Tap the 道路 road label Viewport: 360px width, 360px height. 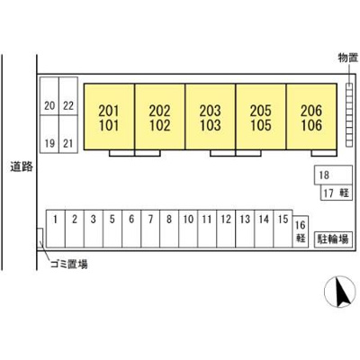[22, 166]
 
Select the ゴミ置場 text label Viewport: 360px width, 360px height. [69, 265]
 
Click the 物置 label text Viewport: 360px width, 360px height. [348, 58]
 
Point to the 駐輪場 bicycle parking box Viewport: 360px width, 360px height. [333, 239]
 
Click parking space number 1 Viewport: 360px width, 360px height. [56, 229]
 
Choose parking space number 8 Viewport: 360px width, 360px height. [169, 229]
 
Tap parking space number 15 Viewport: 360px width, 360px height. [283, 229]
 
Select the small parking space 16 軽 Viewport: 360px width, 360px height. [301, 231]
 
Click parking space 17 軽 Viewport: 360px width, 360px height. [337, 193]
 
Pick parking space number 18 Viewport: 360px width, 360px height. [333, 175]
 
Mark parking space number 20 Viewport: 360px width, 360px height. [49, 96]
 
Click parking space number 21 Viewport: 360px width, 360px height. [68, 135]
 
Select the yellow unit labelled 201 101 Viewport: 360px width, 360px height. [109, 117]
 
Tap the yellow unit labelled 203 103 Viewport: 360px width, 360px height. [211, 117]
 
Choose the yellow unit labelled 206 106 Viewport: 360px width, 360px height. [311, 117]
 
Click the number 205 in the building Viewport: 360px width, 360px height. [261, 111]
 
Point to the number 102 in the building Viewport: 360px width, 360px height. [160, 125]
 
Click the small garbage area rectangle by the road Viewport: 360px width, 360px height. [40, 238]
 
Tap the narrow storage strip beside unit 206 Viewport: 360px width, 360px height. [349, 115]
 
